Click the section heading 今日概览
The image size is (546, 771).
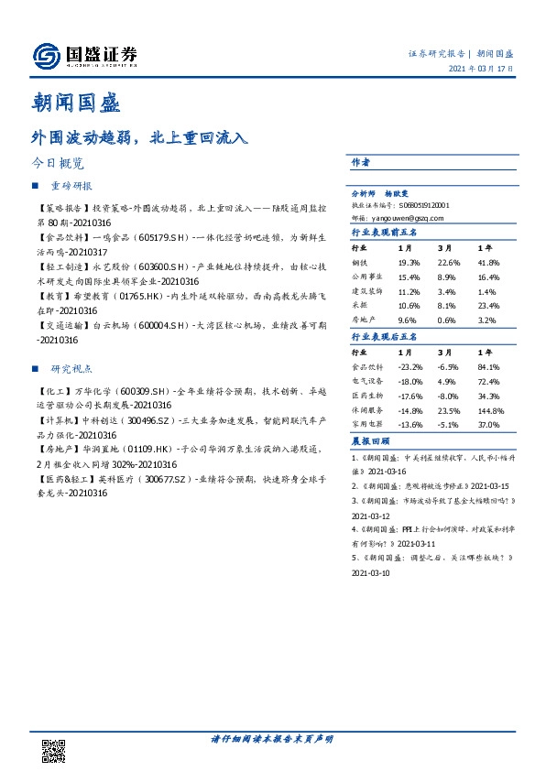click(58, 164)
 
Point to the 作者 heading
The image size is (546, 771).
click(361, 162)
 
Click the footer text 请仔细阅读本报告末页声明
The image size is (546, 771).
click(272, 739)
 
